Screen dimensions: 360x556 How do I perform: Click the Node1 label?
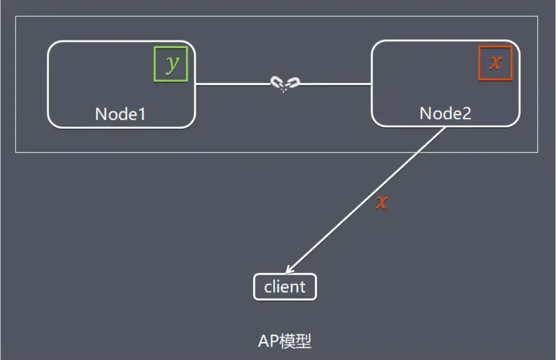[x=120, y=114]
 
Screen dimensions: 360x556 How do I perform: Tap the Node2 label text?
[x=445, y=113]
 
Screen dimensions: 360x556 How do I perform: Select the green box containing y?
[x=171, y=64]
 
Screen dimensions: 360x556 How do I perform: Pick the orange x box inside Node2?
[x=495, y=63]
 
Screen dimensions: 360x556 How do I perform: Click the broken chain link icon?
[x=284, y=84]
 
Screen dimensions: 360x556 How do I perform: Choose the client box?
[x=285, y=287]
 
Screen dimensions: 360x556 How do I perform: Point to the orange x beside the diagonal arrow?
[x=381, y=202]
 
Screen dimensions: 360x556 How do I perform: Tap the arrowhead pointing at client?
[x=289, y=270]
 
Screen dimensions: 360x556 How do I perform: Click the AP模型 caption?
[x=284, y=341]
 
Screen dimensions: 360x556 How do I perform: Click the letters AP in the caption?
[x=267, y=341]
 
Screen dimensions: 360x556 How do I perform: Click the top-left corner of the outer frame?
[x=16, y=17]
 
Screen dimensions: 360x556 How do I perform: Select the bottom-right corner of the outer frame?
[x=537, y=152]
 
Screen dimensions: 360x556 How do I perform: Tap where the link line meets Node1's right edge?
[x=195, y=84]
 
